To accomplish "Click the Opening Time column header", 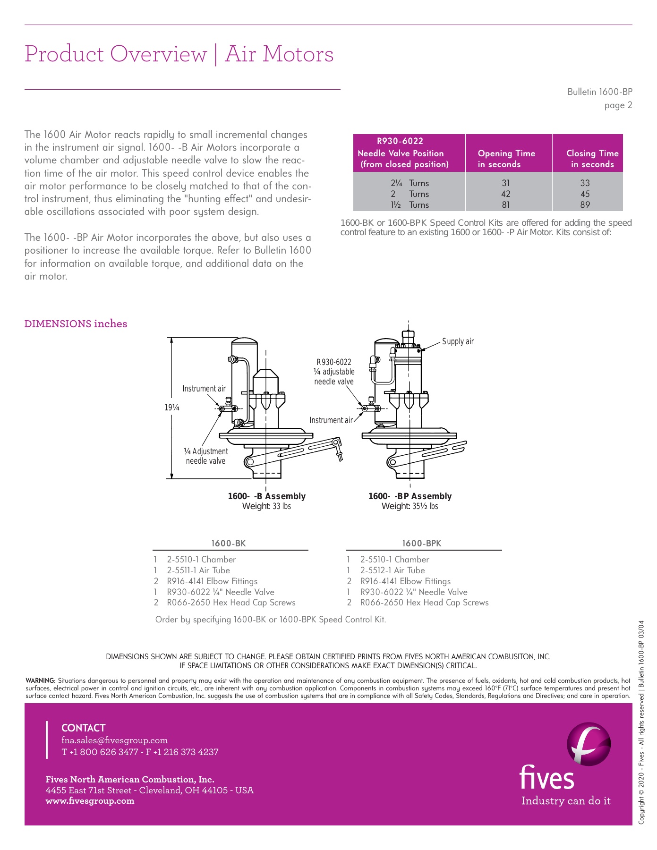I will (x=506, y=159).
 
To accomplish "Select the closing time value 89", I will (x=585, y=204).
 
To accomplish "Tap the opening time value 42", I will (x=505, y=194).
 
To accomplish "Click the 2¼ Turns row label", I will (x=409, y=183).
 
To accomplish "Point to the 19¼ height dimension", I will (x=172, y=407).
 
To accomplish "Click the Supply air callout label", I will (x=457, y=341).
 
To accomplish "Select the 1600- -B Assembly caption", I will (x=266, y=496).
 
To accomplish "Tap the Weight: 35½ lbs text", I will (x=410, y=506).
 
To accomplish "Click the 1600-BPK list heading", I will (x=421, y=543).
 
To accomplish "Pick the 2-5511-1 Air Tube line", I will (x=198, y=570).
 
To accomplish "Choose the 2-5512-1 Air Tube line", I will (x=392, y=570).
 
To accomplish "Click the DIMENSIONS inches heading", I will (x=76, y=324).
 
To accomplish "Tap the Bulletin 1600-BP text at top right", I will (x=599, y=92).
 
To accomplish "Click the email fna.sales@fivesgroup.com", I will (x=114, y=740).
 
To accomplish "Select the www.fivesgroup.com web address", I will (x=90, y=800).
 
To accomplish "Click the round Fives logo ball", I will (x=588, y=744).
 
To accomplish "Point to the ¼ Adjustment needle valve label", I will (x=205, y=456).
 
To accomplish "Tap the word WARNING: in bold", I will (x=41, y=680).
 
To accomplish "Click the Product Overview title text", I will (x=116, y=54).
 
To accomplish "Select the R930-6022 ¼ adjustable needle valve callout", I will (x=334, y=372).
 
